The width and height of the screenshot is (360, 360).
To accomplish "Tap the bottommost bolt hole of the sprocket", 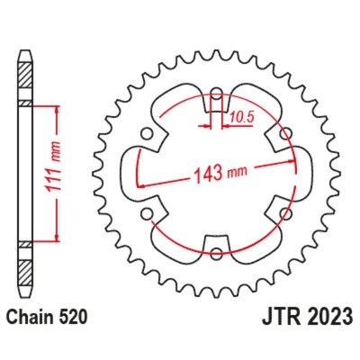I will tap(216, 255).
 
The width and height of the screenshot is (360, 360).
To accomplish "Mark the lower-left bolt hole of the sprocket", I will tap(147, 214).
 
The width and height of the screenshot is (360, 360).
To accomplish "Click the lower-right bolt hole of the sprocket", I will tap(285, 214).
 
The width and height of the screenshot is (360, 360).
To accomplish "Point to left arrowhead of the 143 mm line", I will tap(141, 187).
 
